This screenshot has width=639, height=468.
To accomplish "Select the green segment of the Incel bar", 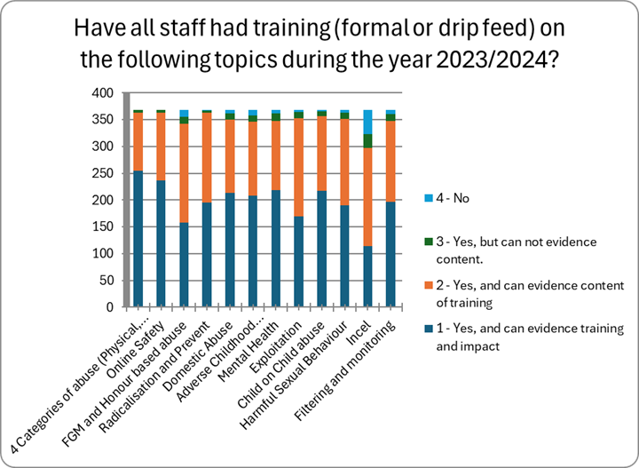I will click(367, 141).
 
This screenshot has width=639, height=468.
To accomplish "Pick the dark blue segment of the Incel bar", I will click(367, 276).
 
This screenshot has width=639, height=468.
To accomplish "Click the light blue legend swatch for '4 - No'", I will click(430, 199).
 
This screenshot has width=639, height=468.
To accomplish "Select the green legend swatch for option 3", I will click(430, 242).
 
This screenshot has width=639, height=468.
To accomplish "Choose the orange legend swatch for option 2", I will click(430, 285).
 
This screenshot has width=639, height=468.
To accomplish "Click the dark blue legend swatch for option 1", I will click(430, 328).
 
